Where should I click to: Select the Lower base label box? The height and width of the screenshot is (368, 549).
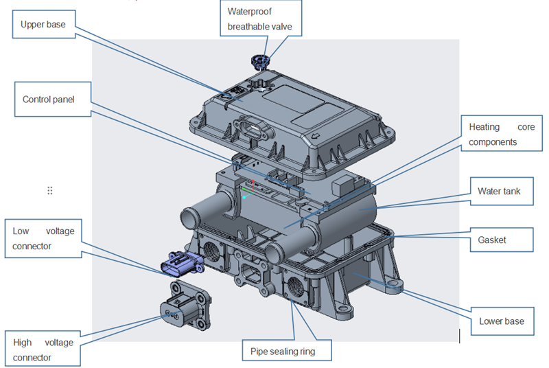[x=501, y=321]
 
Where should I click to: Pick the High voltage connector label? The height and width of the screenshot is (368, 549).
[x=42, y=349]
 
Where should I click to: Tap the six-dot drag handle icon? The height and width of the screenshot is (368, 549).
[x=49, y=190]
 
